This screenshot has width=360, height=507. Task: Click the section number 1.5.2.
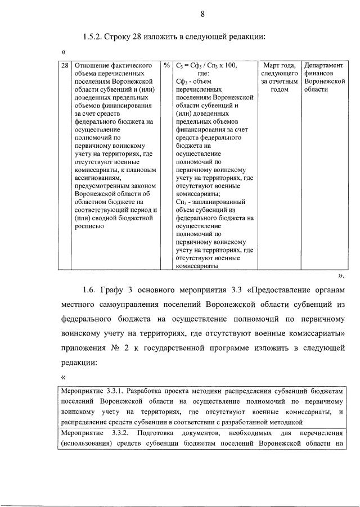pyautogui.click(x=94, y=37)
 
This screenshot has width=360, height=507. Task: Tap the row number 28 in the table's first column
pyautogui.click(x=65, y=65)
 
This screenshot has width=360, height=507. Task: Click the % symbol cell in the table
pyautogui.click(x=167, y=65)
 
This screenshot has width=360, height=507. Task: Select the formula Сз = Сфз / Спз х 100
pyautogui.click(x=206, y=65)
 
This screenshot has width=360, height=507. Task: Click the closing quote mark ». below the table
pyautogui.click(x=341, y=276)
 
